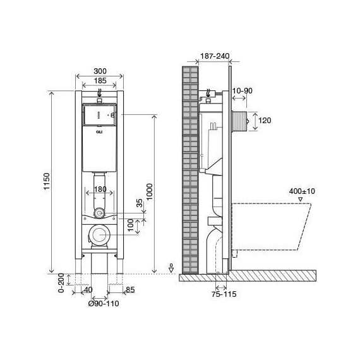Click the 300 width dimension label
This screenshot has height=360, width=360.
pyautogui.click(x=100, y=71)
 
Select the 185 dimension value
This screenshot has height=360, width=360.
pyautogui.click(x=100, y=81)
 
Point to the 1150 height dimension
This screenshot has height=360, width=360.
pyautogui.click(x=47, y=181)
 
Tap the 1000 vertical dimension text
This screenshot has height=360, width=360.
pyautogui.click(x=150, y=192)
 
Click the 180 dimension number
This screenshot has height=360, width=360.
pyautogui.click(x=100, y=189)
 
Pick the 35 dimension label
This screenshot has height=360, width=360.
pyautogui.click(x=140, y=203)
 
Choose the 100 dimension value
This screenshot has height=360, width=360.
pyautogui.click(x=130, y=225)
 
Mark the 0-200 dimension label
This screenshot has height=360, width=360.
pyautogui.click(x=61, y=282)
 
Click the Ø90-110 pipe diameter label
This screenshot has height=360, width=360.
pyautogui.click(x=104, y=304)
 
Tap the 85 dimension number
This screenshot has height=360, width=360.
pyautogui.click(x=130, y=290)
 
